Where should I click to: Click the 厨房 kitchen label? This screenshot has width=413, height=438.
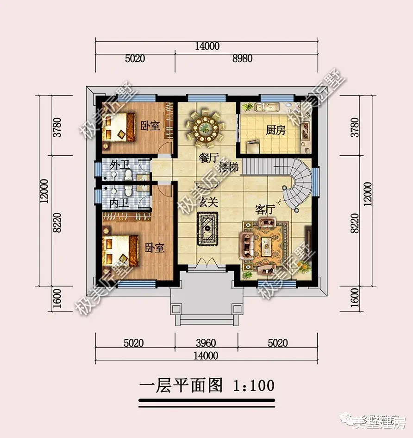275,131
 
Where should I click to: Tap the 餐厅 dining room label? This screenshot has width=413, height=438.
208,158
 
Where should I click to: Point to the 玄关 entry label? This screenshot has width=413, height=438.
209,203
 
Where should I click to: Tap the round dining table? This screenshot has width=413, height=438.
204,126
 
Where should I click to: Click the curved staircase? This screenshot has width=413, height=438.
296,183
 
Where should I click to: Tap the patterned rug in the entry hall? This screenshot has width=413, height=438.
208,228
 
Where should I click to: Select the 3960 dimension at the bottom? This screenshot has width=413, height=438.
206,343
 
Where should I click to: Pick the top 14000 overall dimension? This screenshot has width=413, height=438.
207,46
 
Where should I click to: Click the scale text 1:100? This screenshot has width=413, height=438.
254,385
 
